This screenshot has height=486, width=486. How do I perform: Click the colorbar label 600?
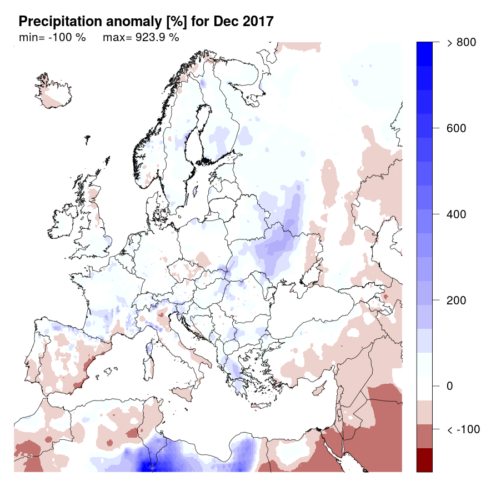coord(457,128)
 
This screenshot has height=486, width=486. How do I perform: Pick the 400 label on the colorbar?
coord(457,214)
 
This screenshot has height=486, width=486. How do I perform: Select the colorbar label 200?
coord(457,300)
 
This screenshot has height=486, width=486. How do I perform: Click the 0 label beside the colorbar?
coord(450,386)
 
